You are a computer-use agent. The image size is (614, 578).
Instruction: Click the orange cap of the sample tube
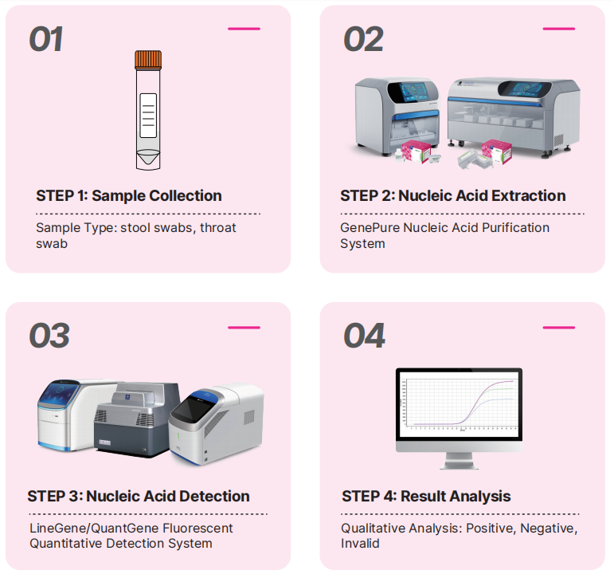148,59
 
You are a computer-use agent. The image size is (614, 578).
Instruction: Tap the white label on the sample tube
148,116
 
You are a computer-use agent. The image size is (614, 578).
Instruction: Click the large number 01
46,39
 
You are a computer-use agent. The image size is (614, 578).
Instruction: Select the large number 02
363,39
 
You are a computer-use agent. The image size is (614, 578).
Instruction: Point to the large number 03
49,336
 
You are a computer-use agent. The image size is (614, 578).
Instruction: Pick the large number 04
364,336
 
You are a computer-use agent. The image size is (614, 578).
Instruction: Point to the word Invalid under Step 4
360,544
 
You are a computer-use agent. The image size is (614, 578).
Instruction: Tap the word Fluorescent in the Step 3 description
198,529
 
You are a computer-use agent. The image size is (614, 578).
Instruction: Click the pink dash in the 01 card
244,29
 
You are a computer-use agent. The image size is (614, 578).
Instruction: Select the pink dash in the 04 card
559,328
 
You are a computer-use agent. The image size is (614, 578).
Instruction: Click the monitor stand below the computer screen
459,461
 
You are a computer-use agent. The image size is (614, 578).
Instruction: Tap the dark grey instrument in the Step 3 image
136,419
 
